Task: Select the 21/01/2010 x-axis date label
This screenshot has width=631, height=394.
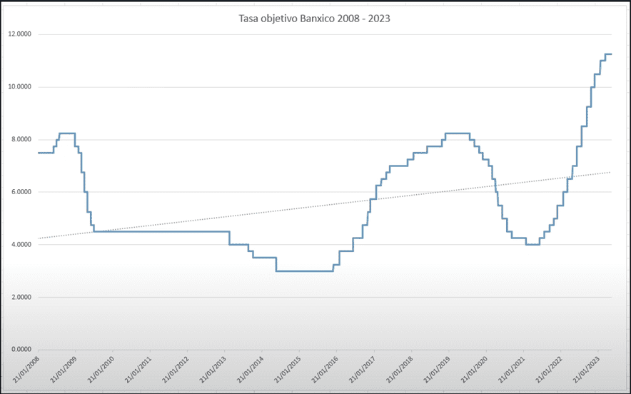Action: coord(99,370)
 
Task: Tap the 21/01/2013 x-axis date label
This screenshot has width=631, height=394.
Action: coord(211,370)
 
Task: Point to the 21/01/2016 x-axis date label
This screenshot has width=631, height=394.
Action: coord(323,370)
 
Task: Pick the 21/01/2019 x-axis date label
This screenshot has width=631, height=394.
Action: coord(434,370)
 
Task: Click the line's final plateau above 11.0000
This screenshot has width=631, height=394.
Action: coord(608,54)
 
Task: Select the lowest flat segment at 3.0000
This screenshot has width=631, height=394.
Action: coord(305,271)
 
